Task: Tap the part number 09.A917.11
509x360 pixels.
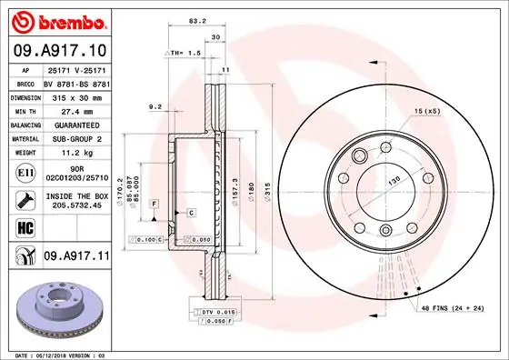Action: click(77, 257)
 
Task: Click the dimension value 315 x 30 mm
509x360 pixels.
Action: click(75, 95)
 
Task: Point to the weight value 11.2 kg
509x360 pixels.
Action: click(75, 154)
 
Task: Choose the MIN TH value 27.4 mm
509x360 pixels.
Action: click(75, 110)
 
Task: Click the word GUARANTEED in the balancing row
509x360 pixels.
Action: click(75, 125)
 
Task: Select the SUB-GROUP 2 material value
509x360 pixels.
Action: click(75, 139)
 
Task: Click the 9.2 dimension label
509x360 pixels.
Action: click(155, 107)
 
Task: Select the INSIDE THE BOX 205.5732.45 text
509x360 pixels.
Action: click(75, 199)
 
